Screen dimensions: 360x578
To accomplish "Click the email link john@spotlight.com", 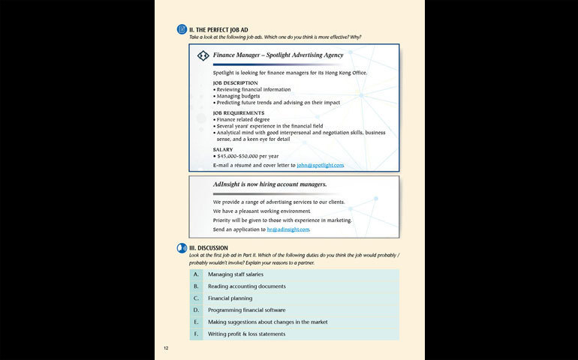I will coord(321,165).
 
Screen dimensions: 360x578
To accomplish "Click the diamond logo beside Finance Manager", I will coord(203,55).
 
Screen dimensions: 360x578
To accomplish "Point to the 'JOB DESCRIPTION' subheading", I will coord(235,82).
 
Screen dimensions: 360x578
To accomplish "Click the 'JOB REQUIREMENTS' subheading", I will coord(238,112).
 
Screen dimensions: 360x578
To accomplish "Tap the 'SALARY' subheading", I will coord(223,149).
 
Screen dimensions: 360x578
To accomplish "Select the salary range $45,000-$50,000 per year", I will coord(250,156).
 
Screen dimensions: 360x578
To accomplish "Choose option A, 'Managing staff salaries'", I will coord(235,274).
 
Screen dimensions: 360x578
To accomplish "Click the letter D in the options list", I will coord(196,310).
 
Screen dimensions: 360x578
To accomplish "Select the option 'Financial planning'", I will coord(230,298).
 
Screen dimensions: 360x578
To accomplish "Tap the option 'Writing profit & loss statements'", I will coord(246,334).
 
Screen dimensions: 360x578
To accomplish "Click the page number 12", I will coord(167,348).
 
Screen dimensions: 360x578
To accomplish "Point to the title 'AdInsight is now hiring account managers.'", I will coord(269,184).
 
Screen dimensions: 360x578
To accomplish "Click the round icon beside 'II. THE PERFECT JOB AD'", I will coord(182,29).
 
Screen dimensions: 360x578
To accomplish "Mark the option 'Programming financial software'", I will coord(246,310).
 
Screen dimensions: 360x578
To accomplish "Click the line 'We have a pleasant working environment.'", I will coord(261,211).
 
